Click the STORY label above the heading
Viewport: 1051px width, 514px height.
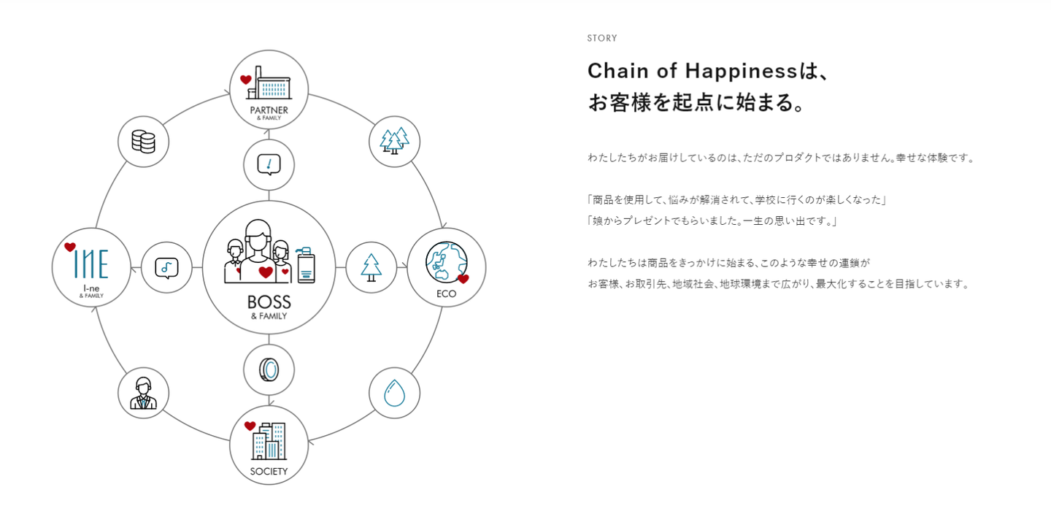pyautogui.click(x=602, y=38)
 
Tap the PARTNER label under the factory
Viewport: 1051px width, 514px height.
pyautogui.click(x=269, y=110)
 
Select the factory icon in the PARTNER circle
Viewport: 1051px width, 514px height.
pyautogui.click(x=271, y=88)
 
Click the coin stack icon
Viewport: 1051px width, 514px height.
pyautogui.click(x=143, y=141)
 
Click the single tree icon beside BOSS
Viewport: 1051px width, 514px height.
pyautogui.click(x=371, y=267)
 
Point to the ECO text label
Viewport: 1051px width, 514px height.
pyautogui.click(x=446, y=294)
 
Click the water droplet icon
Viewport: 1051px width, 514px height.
pyautogui.click(x=394, y=393)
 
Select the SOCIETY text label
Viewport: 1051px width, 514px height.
pyautogui.click(x=269, y=471)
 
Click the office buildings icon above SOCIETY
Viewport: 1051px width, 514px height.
pyautogui.click(x=268, y=441)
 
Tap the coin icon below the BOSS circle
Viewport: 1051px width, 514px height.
pyautogui.click(x=269, y=370)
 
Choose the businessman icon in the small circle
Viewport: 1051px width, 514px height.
pyautogui.click(x=143, y=393)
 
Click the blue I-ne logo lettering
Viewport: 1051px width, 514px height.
pyautogui.click(x=91, y=265)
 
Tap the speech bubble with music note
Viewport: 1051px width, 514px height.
pyautogui.click(x=166, y=267)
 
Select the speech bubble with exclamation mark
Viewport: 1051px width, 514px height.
pyautogui.click(x=269, y=164)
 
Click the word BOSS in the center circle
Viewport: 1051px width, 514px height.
pyautogui.click(x=269, y=302)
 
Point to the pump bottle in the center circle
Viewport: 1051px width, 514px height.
pyautogui.click(x=306, y=264)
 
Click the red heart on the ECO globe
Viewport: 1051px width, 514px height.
pyautogui.click(x=463, y=279)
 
